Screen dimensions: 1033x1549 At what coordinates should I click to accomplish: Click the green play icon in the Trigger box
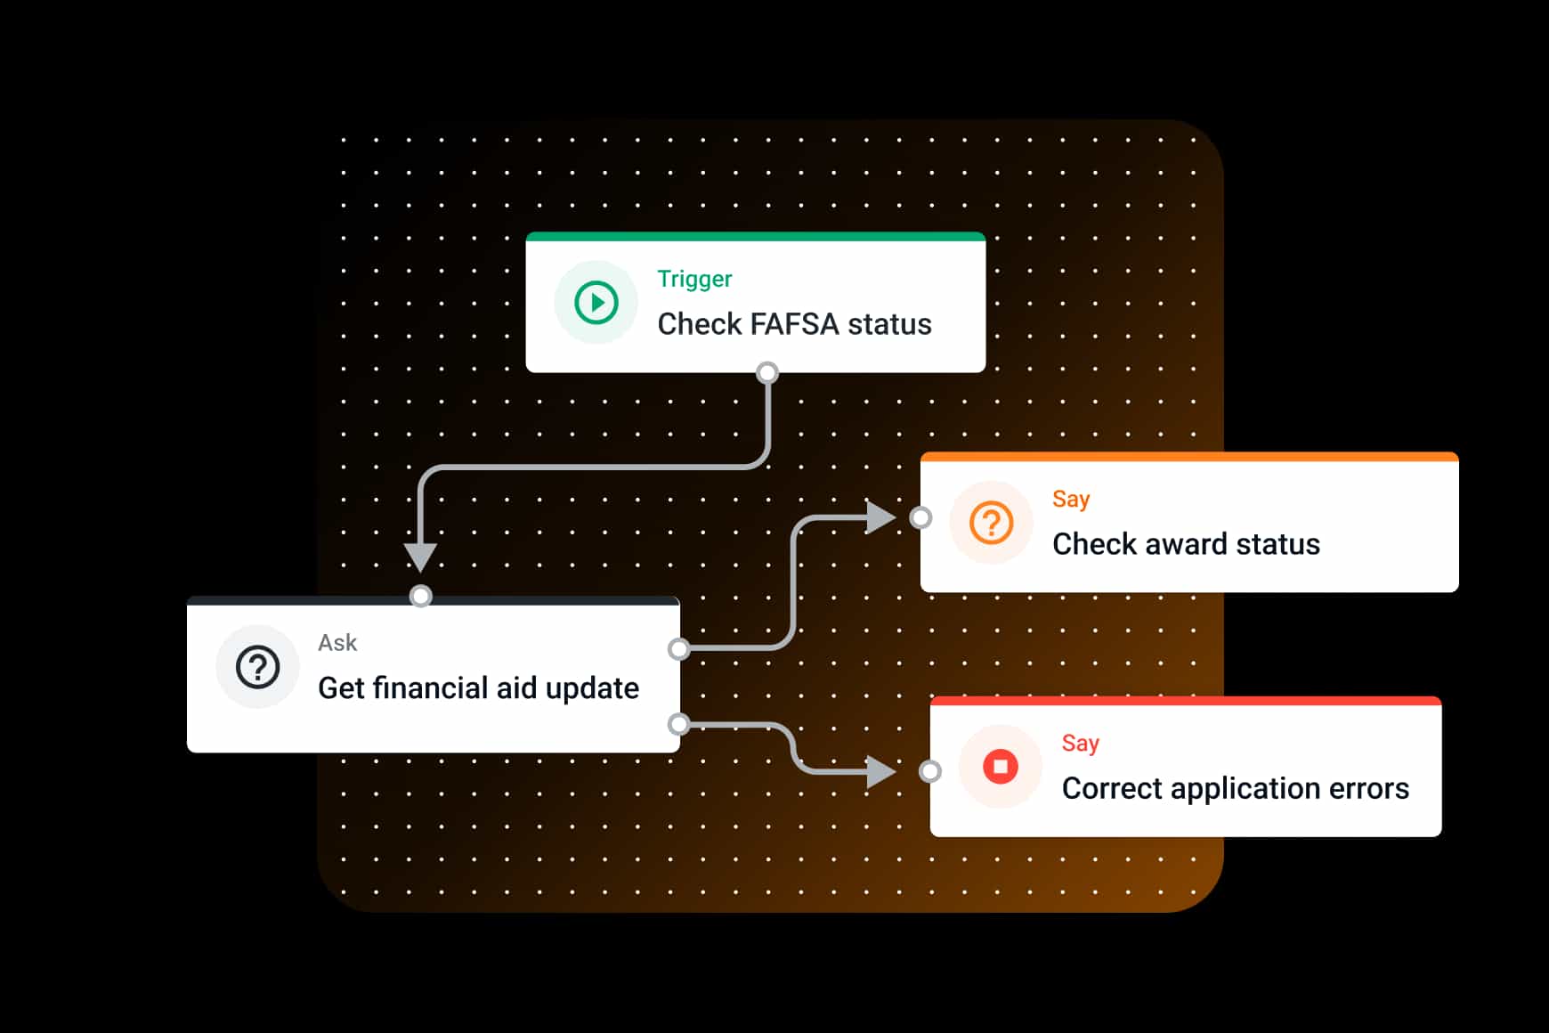point(596,303)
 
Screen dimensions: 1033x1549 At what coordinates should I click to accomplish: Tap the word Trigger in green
point(694,279)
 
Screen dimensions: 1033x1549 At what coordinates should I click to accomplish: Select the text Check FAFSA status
point(794,324)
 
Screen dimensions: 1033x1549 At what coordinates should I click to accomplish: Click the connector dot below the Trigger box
point(767,372)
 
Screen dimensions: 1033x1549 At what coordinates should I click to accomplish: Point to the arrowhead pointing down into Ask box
point(420,557)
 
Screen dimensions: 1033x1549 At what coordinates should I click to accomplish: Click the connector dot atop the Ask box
point(421,595)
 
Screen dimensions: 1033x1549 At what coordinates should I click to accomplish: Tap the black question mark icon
point(257,667)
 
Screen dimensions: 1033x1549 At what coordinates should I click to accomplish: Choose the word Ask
point(337,643)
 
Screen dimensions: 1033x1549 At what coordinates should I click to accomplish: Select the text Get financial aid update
point(478,688)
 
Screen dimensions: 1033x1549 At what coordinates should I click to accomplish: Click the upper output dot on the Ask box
point(679,648)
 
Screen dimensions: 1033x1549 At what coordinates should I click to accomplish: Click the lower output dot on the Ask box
point(679,724)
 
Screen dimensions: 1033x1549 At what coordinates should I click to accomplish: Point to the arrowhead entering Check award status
point(880,516)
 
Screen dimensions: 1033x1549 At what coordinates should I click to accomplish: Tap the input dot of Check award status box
point(921,517)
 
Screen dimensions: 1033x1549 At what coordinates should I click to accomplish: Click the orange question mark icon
point(991,523)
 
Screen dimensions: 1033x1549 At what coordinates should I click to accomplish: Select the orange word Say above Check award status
point(1071,499)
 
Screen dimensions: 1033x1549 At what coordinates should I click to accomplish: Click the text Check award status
point(1186,544)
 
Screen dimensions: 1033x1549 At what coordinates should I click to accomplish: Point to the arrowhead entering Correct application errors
point(880,771)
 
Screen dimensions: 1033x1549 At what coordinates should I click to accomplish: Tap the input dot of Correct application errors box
point(930,771)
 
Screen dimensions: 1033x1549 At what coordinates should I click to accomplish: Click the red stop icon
point(1000,767)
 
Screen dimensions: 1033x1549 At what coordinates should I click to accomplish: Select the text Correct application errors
point(1235,788)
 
